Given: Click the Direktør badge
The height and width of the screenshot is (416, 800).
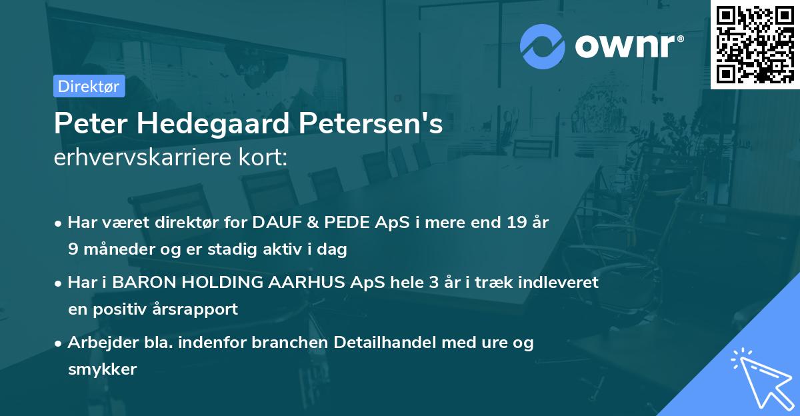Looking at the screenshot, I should [89, 86].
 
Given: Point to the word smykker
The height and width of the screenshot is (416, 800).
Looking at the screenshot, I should [102, 369].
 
